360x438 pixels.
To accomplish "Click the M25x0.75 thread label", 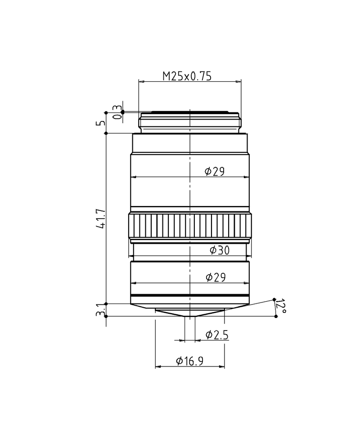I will (187, 76).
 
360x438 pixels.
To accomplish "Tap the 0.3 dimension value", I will (117, 112).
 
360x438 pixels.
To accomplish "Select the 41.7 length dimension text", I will (102, 219).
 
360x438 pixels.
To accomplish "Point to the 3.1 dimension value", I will (102, 310).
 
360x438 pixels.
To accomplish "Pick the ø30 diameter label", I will (219, 250).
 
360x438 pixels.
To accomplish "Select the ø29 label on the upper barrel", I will (214, 171).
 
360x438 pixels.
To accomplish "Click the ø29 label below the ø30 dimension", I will (215, 277).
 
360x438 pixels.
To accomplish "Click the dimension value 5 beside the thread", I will (102, 122).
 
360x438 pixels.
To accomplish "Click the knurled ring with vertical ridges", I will (190, 226).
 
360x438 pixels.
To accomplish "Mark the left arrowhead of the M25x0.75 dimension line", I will (140, 82).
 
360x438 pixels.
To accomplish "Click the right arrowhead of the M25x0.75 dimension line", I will (239, 82).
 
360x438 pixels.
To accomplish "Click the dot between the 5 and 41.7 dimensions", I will (106, 133).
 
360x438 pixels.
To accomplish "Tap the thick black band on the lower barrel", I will (190, 296).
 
